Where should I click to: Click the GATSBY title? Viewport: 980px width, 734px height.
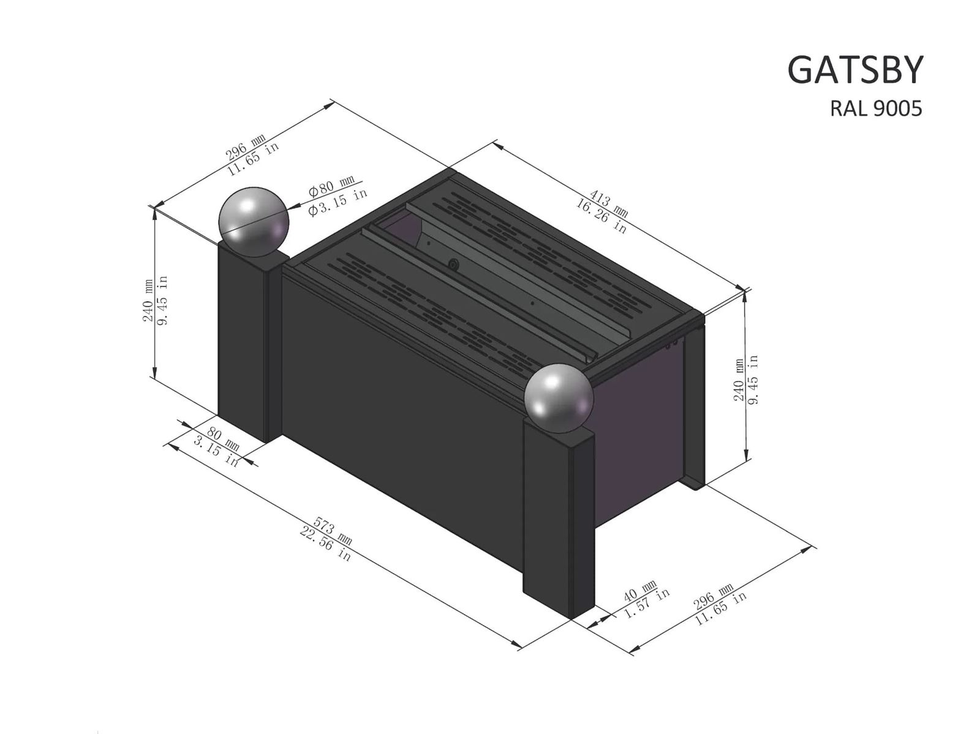point(854,70)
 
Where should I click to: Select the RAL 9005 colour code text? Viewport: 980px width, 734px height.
point(875,108)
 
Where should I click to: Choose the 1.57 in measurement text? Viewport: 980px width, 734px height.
point(647,602)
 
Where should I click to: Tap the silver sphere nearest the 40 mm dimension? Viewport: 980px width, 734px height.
point(559,399)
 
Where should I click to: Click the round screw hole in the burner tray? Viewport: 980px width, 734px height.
point(453,264)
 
